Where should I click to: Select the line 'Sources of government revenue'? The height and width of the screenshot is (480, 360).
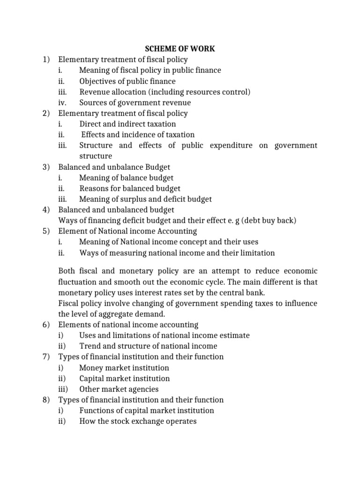point(135,103)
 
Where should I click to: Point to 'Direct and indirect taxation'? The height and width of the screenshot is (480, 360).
point(127,124)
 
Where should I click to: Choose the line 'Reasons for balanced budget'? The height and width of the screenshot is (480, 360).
point(130,188)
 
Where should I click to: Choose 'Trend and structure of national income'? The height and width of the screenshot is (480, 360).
point(148,346)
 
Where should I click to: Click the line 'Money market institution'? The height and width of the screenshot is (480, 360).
point(124,368)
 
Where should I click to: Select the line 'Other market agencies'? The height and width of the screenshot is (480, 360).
point(119,389)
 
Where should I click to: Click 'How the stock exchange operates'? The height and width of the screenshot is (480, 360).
point(138,421)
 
